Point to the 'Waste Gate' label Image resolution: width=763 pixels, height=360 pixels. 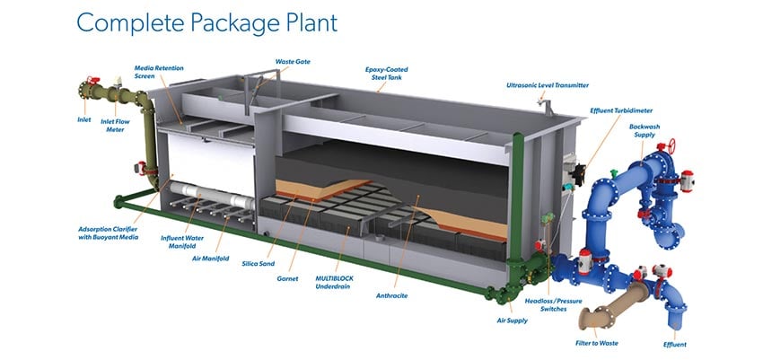tap(293, 62)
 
